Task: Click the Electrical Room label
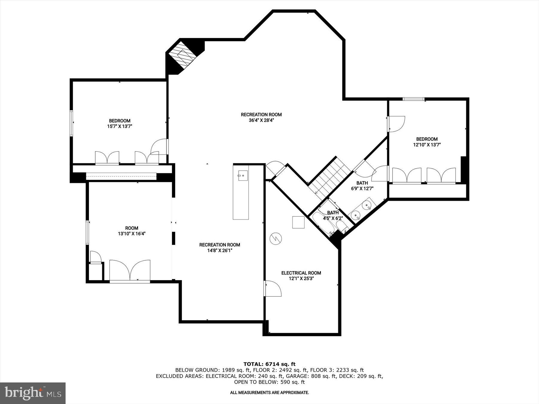pyautogui.click(x=301, y=273)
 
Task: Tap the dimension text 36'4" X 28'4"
pyautogui.click(x=261, y=120)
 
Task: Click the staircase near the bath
pyautogui.click(x=329, y=178)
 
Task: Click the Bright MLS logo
pyautogui.click(x=33, y=393)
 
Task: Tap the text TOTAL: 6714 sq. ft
pyautogui.click(x=269, y=364)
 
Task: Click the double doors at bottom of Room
pyautogui.click(x=130, y=271)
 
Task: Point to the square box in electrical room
pyautogui.click(x=298, y=222)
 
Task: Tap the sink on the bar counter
pyautogui.click(x=243, y=176)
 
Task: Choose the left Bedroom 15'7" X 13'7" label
pyautogui.click(x=119, y=124)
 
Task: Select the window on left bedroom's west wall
pyautogui.click(x=72, y=123)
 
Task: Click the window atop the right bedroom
pyautogui.click(x=413, y=99)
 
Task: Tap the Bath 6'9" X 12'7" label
pyautogui.click(x=362, y=186)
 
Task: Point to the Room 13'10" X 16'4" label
pyautogui.click(x=131, y=231)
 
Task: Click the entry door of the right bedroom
pyautogui.click(x=396, y=124)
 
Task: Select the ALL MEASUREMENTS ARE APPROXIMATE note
pyautogui.click(x=269, y=392)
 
